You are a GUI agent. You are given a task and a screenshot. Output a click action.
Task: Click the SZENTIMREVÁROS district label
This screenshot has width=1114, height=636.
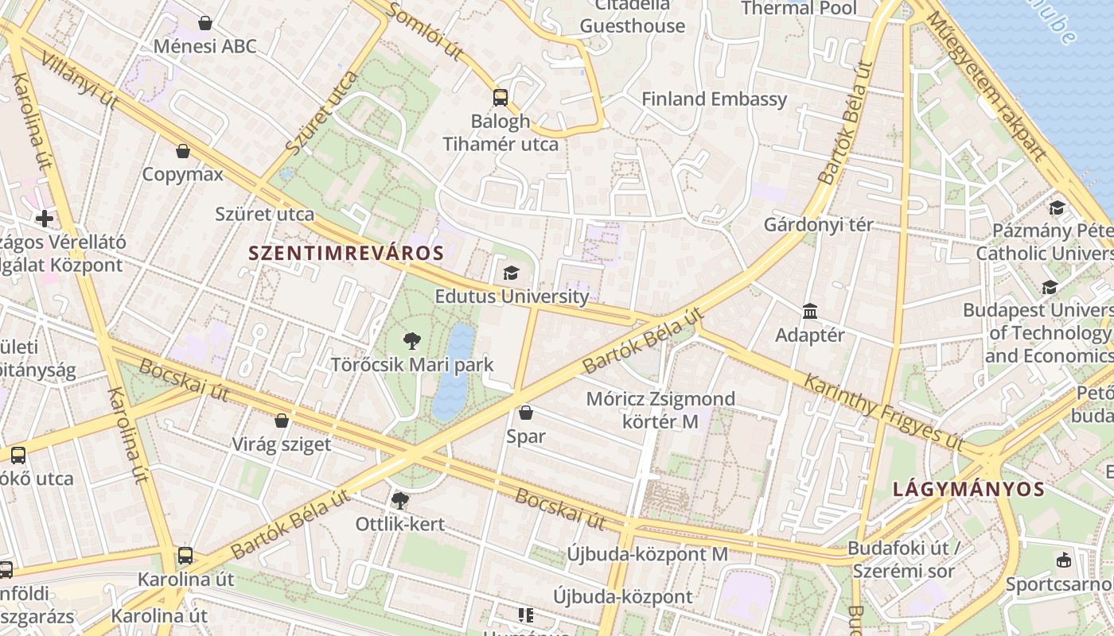pos(346,254)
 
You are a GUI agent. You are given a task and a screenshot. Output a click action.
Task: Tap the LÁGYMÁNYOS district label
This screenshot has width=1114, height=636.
pos(968,489)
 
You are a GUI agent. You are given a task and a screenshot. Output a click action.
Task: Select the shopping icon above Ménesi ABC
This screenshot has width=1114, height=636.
pos(205,23)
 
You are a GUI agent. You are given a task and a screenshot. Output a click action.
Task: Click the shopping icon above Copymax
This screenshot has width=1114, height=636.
pos(183,151)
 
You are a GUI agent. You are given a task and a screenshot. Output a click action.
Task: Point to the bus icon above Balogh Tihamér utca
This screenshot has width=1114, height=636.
pos(500,98)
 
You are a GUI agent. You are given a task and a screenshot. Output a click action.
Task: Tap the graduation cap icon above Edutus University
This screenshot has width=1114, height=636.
pos(511,273)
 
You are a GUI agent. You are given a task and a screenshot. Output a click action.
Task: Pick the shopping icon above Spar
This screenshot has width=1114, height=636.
pos(525,413)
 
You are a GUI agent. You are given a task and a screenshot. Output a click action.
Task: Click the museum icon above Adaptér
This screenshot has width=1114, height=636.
pos(810,311)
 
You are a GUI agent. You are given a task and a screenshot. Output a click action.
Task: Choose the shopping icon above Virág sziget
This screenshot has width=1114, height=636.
pos(281,421)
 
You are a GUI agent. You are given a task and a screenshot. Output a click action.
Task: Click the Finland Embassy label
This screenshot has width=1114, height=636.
pos(714,99)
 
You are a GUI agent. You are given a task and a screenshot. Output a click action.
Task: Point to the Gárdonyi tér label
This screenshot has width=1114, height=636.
pos(818,224)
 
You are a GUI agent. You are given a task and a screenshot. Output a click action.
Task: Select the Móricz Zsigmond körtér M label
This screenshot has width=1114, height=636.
pos(649,409)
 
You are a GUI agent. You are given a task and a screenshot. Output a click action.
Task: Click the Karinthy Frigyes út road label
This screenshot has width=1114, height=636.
pos(883,410)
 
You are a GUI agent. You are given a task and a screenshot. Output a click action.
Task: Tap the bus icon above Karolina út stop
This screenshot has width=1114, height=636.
pos(185,556)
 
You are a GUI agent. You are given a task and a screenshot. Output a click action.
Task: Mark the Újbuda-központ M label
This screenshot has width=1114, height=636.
pos(647,553)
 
